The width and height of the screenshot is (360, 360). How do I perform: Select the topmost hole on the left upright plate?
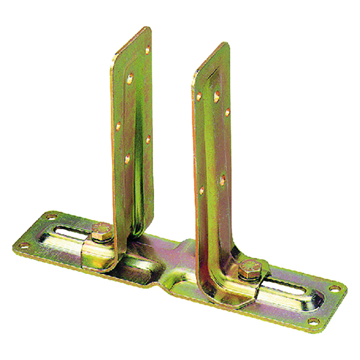point(147,50)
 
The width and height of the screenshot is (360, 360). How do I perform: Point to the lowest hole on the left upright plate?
point(127,158)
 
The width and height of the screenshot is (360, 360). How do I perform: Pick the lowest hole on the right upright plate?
point(201,190)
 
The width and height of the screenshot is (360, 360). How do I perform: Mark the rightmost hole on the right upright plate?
point(228,112)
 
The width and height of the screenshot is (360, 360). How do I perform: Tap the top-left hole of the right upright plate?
point(199,96)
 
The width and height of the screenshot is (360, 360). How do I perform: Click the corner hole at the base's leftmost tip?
point(24,245)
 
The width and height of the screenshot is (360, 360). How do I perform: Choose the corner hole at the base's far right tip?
point(334,288)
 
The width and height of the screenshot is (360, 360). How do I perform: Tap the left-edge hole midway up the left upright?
point(118,126)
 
